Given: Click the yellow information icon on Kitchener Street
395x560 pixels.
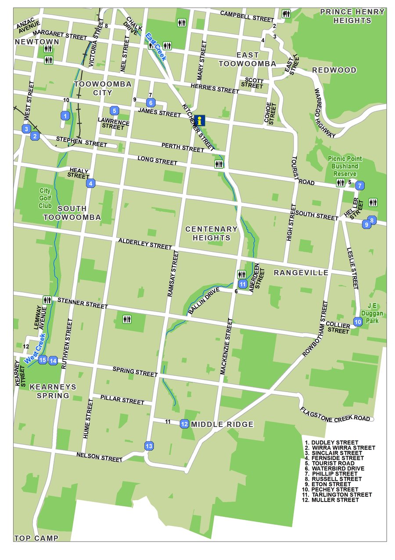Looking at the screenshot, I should pyautogui.click(x=201, y=120).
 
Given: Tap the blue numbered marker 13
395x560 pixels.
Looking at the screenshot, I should pyautogui.click(x=149, y=446).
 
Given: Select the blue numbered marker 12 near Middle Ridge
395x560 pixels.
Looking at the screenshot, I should pyautogui.click(x=184, y=424).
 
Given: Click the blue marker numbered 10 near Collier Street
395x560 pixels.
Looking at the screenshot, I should pyautogui.click(x=358, y=322).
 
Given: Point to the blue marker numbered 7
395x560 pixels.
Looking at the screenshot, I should pyautogui.click(x=360, y=185).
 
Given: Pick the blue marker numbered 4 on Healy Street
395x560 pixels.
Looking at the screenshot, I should pyautogui.click(x=90, y=183).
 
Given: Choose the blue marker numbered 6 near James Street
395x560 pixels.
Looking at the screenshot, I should pyautogui.click(x=151, y=103).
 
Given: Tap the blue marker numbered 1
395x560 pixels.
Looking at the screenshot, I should pyautogui.click(x=65, y=116).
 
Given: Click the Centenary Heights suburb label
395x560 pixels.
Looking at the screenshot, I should pyautogui.click(x=211, y=233).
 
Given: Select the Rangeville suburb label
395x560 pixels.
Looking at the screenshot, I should pyautogui.click(x=301, y=273).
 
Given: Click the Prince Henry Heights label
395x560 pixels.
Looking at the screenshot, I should pyautogui.click(x=352, y=16).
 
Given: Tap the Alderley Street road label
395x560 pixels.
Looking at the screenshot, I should pyautogui.click(x=145, y=244).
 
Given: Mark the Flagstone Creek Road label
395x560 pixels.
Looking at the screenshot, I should pyautogui.click(x=335, y=415).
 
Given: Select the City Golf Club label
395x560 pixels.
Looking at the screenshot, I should pyautogui.click(x=45, y=198).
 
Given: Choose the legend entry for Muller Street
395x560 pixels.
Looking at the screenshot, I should pyautogui.click(x=335, y=500).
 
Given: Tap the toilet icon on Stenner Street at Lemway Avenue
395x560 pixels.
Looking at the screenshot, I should pyautogui.click(x=47, y=300).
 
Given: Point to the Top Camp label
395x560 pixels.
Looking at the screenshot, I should pyautogui.click(x=36, y=538).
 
